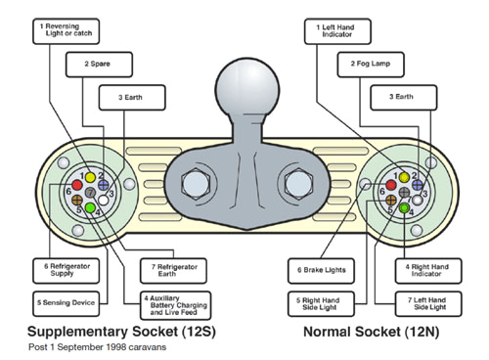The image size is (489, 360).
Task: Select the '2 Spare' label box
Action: coord(99,65)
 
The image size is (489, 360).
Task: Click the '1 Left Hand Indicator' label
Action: coord(340,30)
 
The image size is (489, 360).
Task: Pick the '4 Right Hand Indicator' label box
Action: coord(424,269)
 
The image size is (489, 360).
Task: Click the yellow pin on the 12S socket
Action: coord(90,177)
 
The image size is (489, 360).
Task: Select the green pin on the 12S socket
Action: coord(90,208)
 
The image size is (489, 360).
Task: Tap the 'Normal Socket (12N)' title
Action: coord(372,331)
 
